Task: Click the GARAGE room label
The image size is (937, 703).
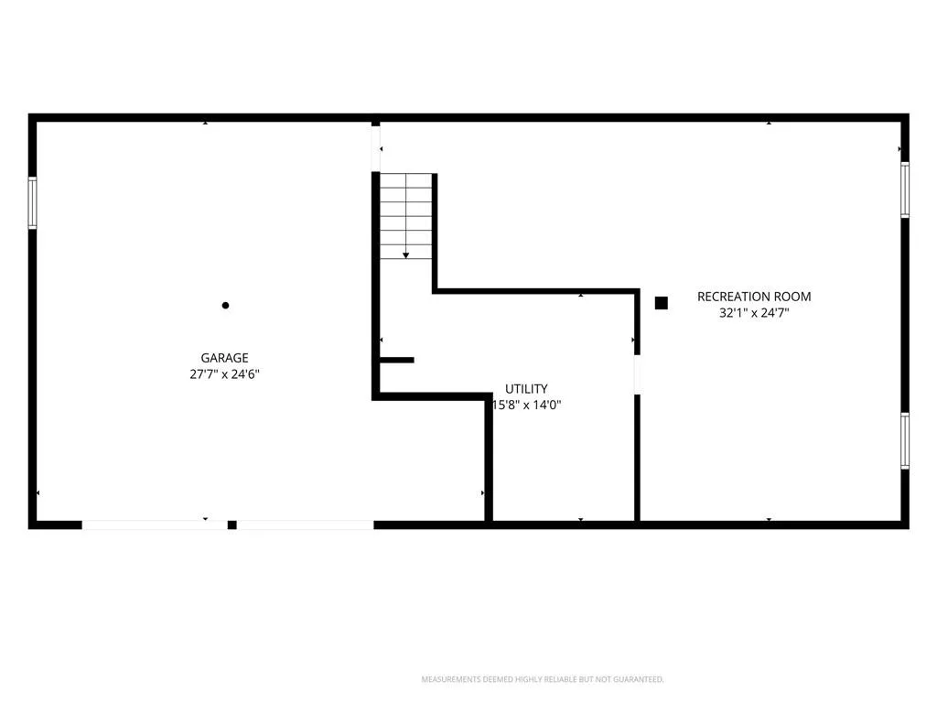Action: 224,358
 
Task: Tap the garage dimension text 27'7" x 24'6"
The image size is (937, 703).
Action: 224,374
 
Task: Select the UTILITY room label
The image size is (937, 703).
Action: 526,388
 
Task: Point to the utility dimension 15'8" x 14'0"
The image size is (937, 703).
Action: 526,405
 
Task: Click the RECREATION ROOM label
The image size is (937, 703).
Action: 754,297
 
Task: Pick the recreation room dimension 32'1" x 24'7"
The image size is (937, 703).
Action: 754,313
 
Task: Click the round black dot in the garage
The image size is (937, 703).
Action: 225,306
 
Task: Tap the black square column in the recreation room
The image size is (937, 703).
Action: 661,303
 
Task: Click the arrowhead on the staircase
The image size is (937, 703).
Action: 405,255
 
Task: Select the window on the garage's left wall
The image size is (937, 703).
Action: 32,202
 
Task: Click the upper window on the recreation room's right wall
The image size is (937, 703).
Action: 905,190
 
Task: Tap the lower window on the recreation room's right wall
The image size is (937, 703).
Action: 905,440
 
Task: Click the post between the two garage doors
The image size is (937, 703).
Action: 232,525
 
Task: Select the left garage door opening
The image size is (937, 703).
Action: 155,525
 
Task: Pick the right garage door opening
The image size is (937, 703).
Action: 305,525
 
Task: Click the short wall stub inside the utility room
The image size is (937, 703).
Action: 397,360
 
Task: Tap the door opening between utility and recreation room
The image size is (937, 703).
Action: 637,374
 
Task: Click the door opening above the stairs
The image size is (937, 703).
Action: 376,149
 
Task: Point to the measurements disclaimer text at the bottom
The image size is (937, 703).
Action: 543,679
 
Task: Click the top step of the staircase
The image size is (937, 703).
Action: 405,180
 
